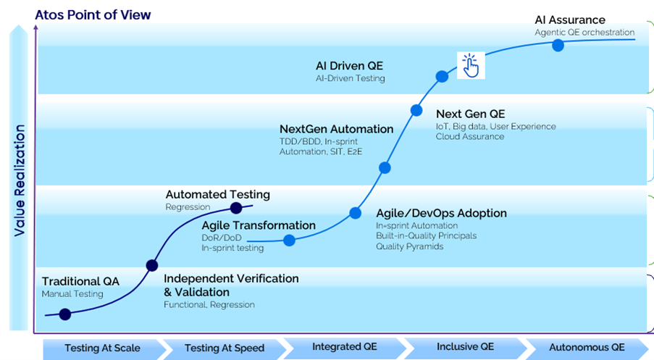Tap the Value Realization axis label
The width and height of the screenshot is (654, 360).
[19, 181]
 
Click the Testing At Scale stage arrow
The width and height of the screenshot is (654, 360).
[102, 348]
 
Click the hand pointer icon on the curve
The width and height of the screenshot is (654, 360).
[471, 66]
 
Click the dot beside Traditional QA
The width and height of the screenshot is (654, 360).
[65, 314]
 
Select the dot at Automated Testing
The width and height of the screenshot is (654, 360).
[235, 208]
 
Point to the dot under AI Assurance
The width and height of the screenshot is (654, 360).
[558, 45]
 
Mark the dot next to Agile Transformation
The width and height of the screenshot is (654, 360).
[289, 240]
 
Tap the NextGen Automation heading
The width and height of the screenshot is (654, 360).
[336, 129]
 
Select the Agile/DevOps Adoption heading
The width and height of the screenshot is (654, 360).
[441, 213]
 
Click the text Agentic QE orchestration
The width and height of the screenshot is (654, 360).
[584, 33]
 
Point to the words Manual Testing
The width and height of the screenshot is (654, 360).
[72, 294]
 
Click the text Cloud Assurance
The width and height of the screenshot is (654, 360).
[469, 136]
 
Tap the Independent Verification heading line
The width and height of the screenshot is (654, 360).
[231, 279]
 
